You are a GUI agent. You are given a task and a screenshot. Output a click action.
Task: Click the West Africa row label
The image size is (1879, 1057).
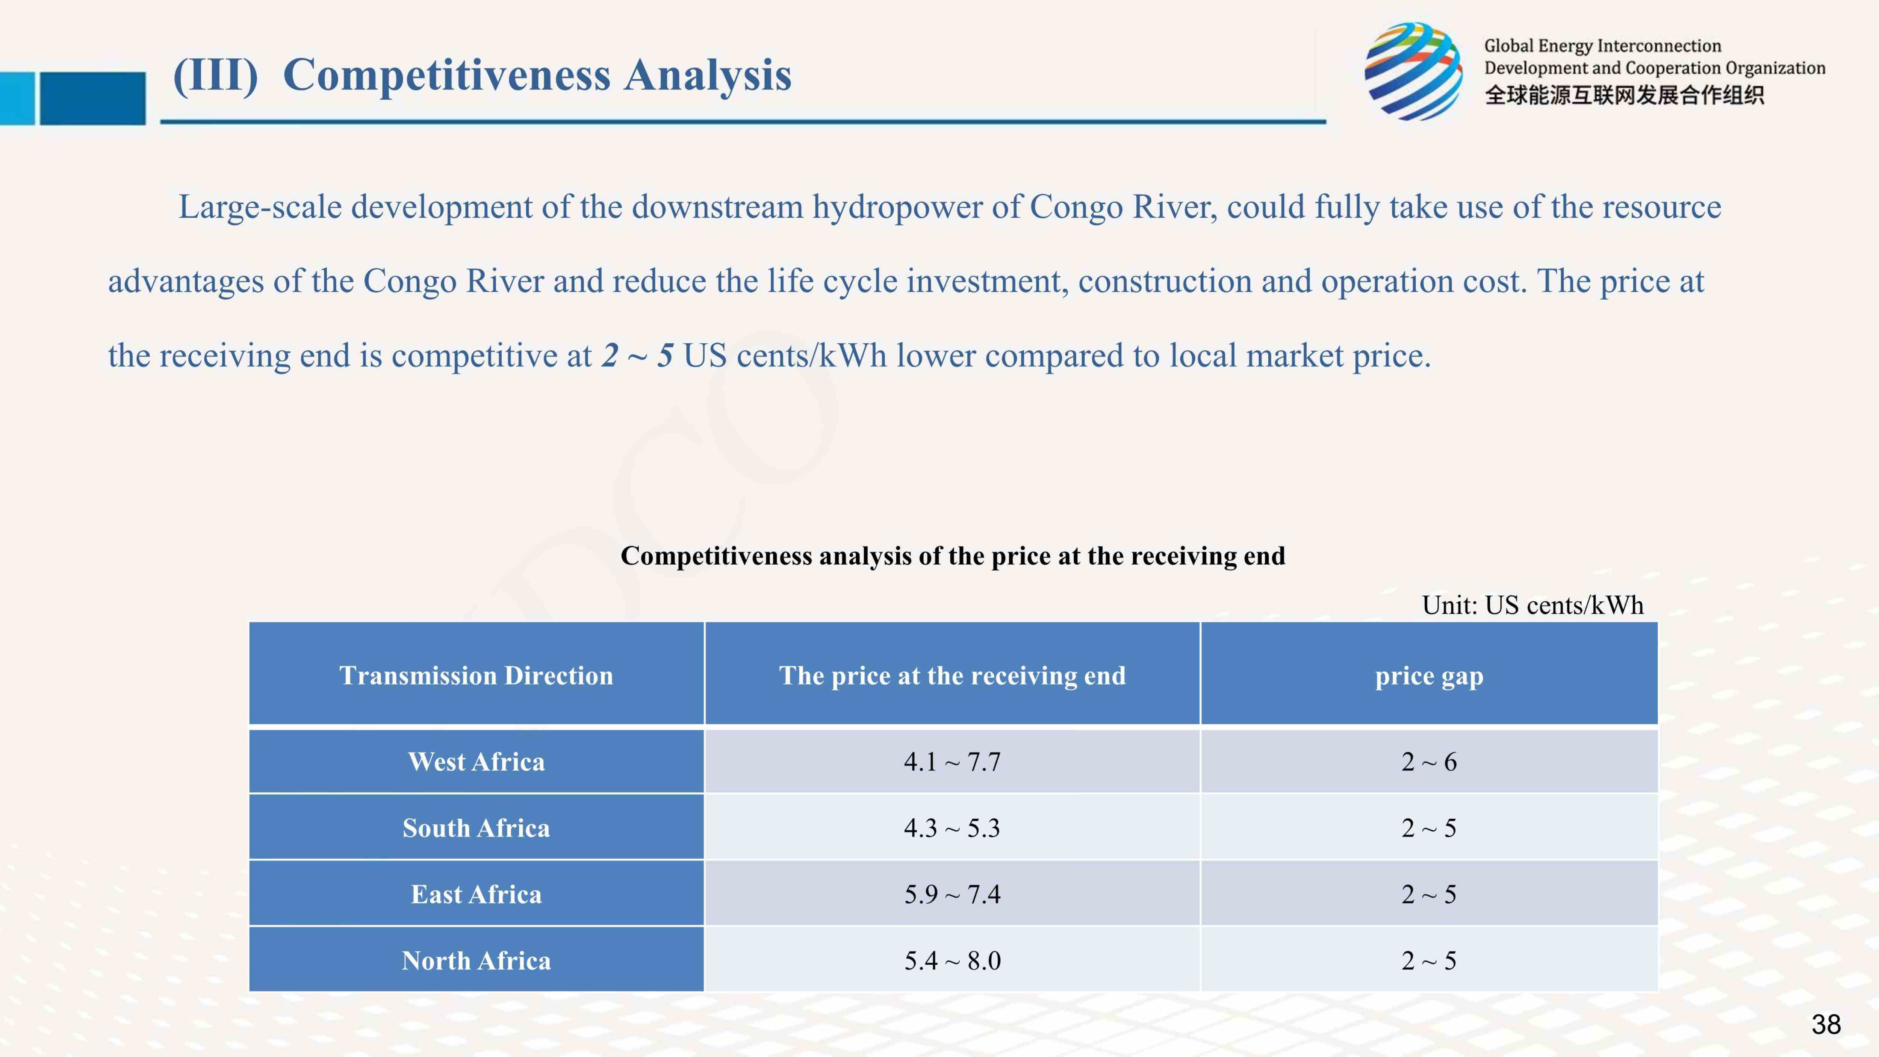click(476, 762)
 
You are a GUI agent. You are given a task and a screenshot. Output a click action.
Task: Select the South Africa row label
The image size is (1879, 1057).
click(476, 828)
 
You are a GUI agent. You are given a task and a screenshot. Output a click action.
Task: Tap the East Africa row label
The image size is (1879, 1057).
click(476, 894)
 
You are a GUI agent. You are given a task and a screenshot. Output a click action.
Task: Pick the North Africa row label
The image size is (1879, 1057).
click(476, 961)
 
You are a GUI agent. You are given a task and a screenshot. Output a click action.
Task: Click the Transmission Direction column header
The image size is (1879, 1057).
click(476, 675)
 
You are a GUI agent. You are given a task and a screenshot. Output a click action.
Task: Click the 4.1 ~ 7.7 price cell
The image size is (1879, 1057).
click(953, 762)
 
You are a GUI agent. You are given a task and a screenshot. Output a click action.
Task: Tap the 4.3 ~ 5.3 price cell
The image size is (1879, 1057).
click(953, 828)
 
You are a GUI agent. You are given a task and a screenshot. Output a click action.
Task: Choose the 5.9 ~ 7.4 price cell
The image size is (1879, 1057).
click(953, 894)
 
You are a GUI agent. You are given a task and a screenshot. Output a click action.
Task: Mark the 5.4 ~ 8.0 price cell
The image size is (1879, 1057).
click(953, 961)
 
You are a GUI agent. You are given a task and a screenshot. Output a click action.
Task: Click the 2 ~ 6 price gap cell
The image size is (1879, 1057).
click(1429, 762)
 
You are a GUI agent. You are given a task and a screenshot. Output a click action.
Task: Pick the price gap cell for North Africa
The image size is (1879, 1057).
click(1429, 961)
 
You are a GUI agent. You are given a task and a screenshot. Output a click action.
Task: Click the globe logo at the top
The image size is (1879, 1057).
click(1414, 71)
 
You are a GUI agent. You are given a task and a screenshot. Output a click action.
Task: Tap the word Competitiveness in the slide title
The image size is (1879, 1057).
click(446, 75)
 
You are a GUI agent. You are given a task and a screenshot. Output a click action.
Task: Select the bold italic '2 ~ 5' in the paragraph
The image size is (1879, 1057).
click(637, 355)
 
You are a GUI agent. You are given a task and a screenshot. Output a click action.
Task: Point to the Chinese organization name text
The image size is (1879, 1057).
click(1624, 95)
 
